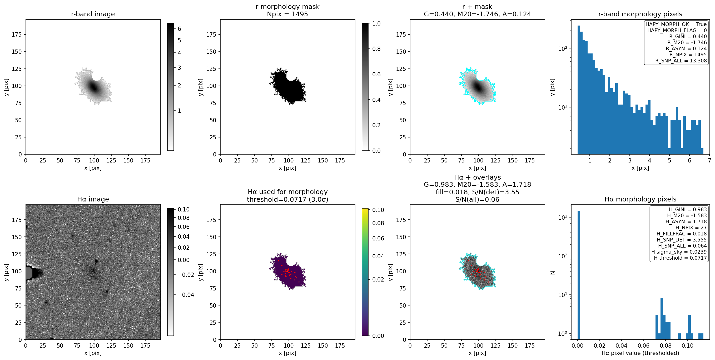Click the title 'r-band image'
[93, 14]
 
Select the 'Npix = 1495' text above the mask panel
[287, 14]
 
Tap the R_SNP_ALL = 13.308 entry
[681, 61]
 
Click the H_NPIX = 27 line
[691, 228]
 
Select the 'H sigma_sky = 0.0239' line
[679, 252]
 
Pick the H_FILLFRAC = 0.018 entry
[681, 234]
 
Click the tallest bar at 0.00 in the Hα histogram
[579, 275]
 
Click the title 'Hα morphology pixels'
[640, 199]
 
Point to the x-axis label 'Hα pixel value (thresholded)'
[640, 353]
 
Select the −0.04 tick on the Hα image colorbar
[186, 295]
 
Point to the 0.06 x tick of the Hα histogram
[643, 346]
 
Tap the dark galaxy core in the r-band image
[93, 87]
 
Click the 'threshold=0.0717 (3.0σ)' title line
[287, 199]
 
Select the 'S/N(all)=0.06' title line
[477, 199]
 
